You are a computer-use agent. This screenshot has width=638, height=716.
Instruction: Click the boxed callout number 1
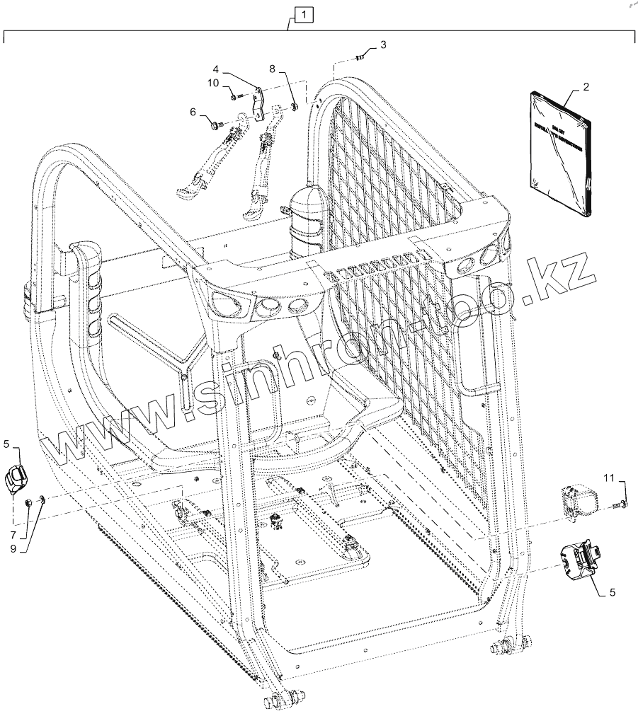[301, 13]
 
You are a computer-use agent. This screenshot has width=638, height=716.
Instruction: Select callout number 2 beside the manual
[586, 88]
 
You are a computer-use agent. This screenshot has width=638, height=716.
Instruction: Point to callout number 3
[383, 45]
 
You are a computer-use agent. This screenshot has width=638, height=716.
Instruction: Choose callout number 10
[214, 83]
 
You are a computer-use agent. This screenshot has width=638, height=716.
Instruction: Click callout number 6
[192, 112]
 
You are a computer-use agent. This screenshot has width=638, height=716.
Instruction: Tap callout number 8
[273, 68]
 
